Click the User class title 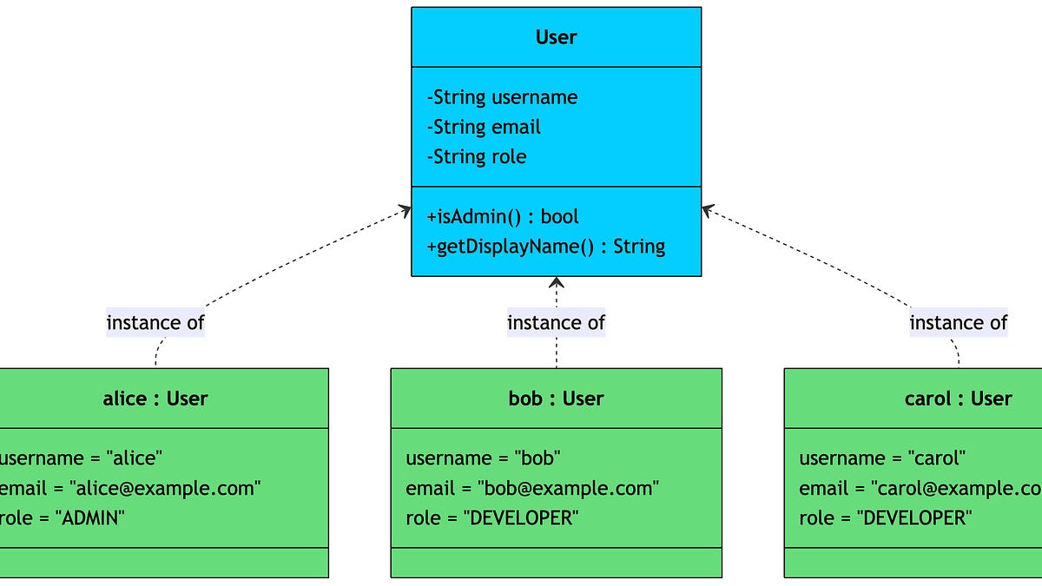(556, 37)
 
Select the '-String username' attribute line (502, 97)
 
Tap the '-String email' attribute (484, 127)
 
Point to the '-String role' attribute (477, 156)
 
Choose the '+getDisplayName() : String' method (546, 246)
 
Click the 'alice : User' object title (155, 398)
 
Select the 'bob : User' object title (556, 398)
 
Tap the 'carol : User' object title (958, 398)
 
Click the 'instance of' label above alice (155, 323)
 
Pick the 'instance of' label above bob (556, 323)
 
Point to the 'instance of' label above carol (958, 323)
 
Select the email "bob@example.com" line (532, 488)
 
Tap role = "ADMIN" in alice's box (63, 518)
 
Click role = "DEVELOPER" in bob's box (491, 518)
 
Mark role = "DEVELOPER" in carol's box (885, 518)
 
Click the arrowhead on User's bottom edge (556, 281)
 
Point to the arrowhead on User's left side (406, 208)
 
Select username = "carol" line (882, 458)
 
